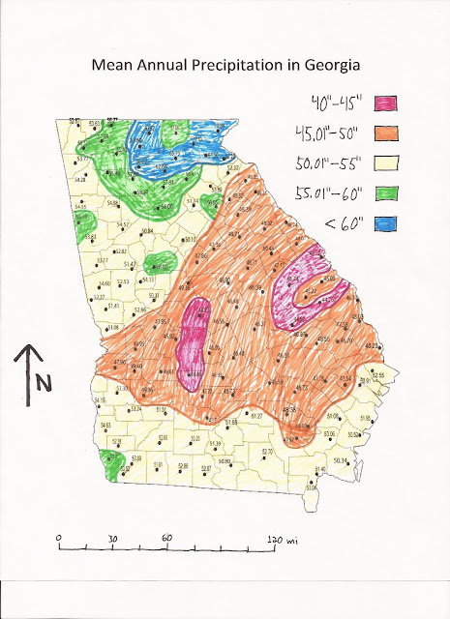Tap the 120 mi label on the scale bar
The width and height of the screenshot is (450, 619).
283,538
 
